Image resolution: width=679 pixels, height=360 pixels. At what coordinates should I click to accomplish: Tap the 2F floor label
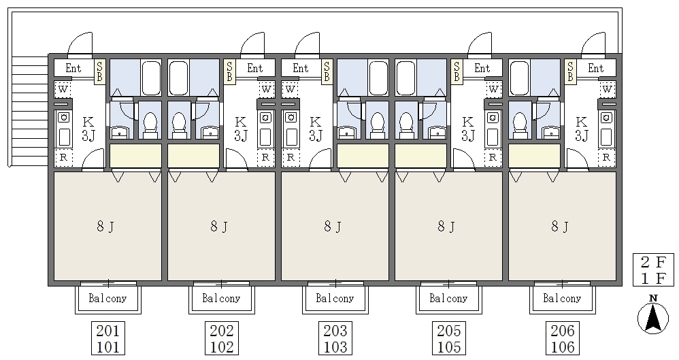coord(653,262)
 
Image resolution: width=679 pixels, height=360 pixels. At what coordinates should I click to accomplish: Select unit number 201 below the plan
coord(107,331)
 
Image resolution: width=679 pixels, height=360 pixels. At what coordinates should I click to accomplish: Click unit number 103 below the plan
coord(335,347)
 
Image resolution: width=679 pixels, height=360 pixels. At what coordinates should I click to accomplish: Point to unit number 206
coord(563,331)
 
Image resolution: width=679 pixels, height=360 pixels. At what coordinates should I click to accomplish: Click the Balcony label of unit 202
coord(221,298)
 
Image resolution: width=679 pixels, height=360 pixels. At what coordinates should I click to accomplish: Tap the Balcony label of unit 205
coord(448,298)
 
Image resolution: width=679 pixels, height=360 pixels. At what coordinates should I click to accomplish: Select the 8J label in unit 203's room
coord(333,226)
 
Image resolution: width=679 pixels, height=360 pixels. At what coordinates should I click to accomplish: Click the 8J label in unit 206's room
coord(560,226)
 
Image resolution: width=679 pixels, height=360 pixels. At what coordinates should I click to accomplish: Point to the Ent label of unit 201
coord(73,68)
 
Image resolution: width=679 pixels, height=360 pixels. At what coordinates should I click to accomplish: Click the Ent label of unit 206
coord(595,68)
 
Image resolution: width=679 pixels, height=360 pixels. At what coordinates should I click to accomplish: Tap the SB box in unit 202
coord(229,71)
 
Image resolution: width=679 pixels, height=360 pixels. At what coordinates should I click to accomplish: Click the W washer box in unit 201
coord(63,90)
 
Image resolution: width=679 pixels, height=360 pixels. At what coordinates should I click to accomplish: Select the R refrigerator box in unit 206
coord(606,158)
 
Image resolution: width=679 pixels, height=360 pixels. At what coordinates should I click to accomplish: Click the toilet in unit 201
coord(150,123)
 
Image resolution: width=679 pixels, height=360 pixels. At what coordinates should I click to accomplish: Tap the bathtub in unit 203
coord(378,78)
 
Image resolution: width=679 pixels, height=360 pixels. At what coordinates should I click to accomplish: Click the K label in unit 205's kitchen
coord(467,122)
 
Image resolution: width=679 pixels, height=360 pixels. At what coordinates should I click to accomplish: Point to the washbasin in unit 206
coord(551,133)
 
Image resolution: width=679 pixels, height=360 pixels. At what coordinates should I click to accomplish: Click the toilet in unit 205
coord(406,123)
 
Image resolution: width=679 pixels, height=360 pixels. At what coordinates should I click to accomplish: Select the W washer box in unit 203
coord(291,90)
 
